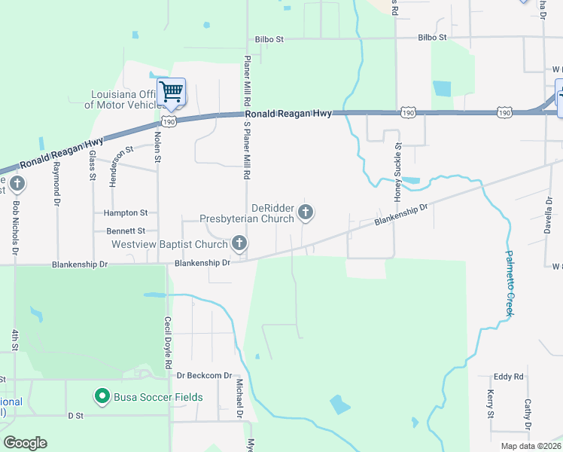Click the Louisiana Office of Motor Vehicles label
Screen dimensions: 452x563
pyautogui.click(x=120, y=99)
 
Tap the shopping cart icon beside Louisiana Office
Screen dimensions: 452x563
pyautogui.click(x=172, y=92)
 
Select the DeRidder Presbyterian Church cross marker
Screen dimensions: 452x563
pyautogui.click(x=306, y=212)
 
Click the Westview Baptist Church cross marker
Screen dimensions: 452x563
pyautogui.click(x=239, y=243)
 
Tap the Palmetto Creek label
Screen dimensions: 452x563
pyautogui.click(x=509, y=283)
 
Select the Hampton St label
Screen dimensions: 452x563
pyautogui.click(x=126, y=213)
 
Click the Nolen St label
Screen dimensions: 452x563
pyautogui.click(x=158, y=146)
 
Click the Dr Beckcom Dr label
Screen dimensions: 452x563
pyautogui.click(x=205, y=375)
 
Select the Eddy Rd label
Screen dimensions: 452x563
pyautogui.click(x=508, y=377)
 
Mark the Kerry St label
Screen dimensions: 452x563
pyautogui.click(x=491, y=405)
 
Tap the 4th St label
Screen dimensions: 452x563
pyautogui.click(x=14, y=340)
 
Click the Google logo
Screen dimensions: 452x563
pyautogui.click(x=25, y=443)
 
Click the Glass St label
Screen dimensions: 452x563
pyautogui.click(x=93, y=165)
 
